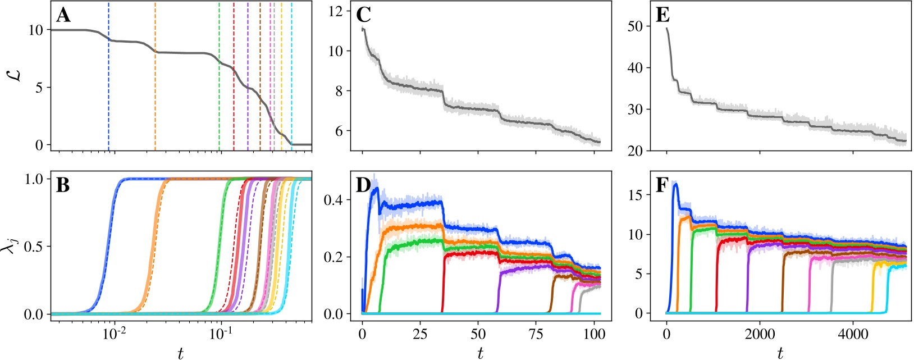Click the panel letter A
point(63,16)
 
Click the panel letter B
point(63,185)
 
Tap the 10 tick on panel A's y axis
point(35,30)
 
